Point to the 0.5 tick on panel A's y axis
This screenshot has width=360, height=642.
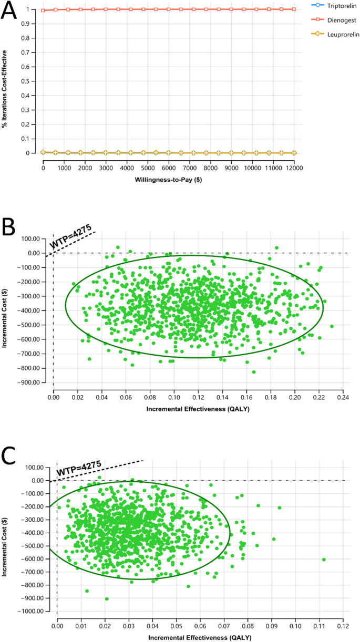[35, 81]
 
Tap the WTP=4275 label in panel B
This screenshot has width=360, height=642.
[71, 237]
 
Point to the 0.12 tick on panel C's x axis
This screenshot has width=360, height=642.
[343, 627]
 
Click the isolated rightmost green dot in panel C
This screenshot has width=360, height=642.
[324, 560]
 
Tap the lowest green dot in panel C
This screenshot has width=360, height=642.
[107, 599]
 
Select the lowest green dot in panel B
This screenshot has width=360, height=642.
[254, 372]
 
